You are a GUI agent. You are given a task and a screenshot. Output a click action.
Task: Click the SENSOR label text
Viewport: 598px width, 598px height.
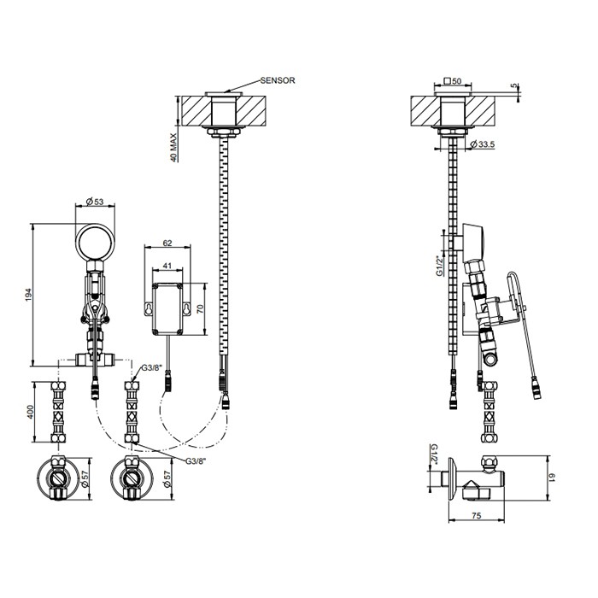pyautogui.click(x=278, y=80)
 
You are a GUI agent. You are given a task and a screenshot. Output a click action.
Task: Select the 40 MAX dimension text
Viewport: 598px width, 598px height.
pyautogui.click(x=173, y=147)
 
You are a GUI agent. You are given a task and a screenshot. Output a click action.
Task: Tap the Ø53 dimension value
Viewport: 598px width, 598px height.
pyautogui.click(x=95, y=202)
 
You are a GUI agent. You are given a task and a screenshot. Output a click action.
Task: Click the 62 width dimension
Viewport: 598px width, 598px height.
pyautogui.click(x=167, y=243)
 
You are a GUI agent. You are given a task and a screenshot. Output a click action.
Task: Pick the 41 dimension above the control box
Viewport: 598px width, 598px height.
pyautogui.click(x=167, y=266)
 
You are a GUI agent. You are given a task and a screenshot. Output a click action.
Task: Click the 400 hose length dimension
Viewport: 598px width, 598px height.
pyautogui.click(x=31, y=413)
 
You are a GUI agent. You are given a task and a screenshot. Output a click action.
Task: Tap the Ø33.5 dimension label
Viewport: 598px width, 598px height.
pyautogui.click(x=483, y=144)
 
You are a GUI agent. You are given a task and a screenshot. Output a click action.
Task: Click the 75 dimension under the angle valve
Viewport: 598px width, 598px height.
pyautogui.click(x=477, y=516)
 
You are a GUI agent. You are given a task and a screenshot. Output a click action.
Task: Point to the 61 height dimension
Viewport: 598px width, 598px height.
pyautogui.click(x=552, y=477)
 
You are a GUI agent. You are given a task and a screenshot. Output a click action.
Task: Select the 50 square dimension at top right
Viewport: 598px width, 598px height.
pyautogui.click(x=453, y=81)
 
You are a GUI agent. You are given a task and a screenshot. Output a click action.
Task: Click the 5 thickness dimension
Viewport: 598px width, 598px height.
pyautogui.click(x=517, y=86)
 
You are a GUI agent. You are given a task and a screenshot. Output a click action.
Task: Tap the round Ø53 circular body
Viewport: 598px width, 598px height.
pyautogui.click(x=95, y=243)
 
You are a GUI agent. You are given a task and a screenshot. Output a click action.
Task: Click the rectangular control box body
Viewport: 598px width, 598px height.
pyautogui.click(x=167, y=309)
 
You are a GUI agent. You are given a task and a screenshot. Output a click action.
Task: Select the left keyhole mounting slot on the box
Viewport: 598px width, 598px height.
pyautogui.click(x=148, y=308)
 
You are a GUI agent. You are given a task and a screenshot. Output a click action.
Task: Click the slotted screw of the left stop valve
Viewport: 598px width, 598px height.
pyautogui.click(x=58, y=478)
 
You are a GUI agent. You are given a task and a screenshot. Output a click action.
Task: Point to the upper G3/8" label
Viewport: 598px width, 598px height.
pyautogui.click(x=152, y=368)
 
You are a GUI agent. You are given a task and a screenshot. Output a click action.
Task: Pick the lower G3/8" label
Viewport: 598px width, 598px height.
pyautogui.click(x=196, y=461)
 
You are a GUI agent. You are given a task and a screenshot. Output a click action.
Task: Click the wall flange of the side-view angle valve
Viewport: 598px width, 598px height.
pyautogui.click(x=452, y=478)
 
